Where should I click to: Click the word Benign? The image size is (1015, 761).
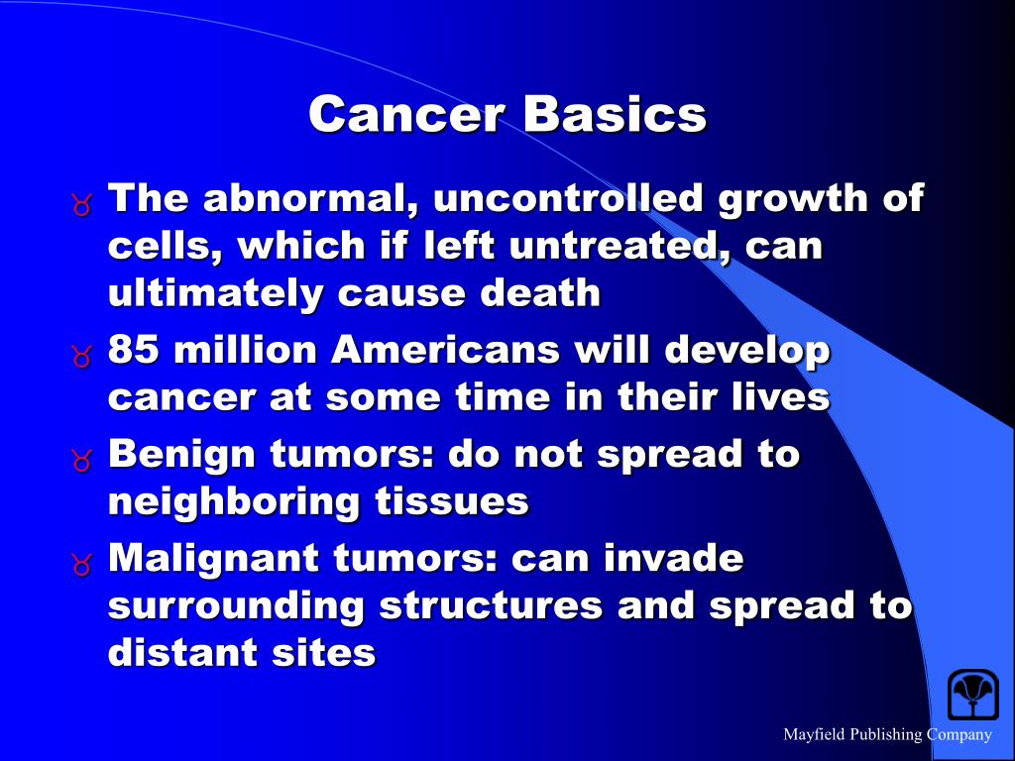179,454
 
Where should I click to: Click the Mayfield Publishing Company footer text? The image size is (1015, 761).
887,734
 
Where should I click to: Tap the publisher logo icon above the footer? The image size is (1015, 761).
972,694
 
